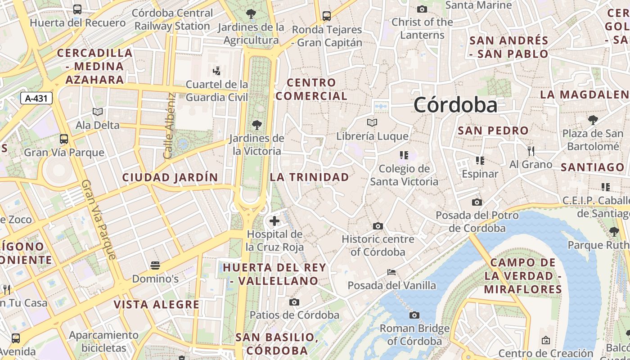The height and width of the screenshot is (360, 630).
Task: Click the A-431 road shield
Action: (36, 99)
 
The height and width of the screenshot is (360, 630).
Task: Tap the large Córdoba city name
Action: (455, 105)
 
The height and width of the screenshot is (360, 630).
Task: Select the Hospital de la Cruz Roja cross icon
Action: (274, 221)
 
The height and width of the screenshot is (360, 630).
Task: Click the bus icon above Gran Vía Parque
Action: (64, 139)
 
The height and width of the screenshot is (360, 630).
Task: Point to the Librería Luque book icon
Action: (372, 122)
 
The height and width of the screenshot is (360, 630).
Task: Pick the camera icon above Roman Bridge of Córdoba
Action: (414, 315)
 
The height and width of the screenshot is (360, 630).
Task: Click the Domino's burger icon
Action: (155, 265)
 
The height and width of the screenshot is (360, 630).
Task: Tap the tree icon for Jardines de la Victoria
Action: (257, 125)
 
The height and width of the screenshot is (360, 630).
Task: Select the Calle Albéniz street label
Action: (169, 126)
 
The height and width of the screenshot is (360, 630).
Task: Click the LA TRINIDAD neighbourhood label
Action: (309, 177)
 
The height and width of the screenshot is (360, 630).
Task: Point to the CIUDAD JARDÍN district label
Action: (170, 178)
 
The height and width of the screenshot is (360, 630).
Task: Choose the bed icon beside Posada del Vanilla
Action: (391, 272)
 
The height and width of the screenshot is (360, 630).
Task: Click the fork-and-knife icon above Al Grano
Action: (531, 151)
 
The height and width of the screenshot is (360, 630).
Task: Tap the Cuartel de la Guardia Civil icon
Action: (216, 71)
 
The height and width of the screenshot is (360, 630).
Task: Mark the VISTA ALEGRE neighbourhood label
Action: (156, 305)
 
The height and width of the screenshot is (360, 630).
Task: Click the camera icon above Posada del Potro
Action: (477, 202)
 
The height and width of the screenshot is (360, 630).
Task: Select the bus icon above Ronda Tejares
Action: (327, 16)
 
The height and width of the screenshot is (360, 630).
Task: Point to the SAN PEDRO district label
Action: (493, 131)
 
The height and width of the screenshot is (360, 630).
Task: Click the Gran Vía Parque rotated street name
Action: (99, 220)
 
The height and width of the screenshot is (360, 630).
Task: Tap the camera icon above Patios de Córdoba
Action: (294, 302)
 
